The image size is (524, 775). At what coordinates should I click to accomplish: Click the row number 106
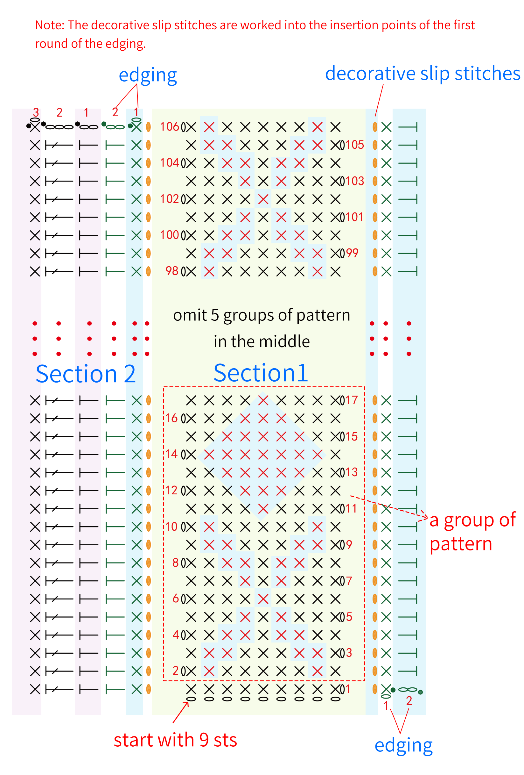[x=169, y=127]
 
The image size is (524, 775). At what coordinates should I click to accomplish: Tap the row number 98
[x=172, y=271]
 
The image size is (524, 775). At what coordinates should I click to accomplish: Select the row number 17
[x=351, y=400]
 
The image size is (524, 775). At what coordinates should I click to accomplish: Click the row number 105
[x=354, y=145]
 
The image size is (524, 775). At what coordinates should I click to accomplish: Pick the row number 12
[x=171, y=490]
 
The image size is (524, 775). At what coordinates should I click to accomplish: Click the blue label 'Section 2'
[x=86, y=374]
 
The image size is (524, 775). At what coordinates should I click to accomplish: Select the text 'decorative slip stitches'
[x=423, y=73]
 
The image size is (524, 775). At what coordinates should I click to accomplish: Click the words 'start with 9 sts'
[x=175, y=740]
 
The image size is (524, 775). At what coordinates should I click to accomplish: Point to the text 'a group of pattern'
[x=472, y=532]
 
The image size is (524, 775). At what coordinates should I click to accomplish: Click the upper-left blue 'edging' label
[x=148, y=75]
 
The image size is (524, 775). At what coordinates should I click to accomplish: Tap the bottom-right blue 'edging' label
[x=403, y=746]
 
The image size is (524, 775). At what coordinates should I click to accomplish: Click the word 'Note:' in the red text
[x=50, y=25]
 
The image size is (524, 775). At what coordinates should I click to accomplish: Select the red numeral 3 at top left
[x=36, y=112]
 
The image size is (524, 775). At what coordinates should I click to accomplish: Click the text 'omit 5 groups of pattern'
[x=262, y=315]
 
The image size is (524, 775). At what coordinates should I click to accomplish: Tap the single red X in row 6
[x=263, y=599]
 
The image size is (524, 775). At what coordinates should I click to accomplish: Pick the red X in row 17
[x=263, y=400]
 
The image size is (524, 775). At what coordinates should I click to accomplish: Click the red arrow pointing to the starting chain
[x=180, y=713]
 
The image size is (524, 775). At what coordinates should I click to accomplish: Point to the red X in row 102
[x=263, y=199]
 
